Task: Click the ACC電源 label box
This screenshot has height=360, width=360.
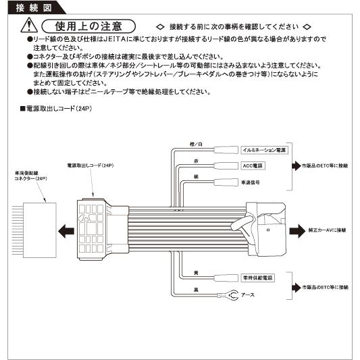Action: (x=253, y=165)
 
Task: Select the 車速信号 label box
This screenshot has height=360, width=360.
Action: (x=251, y=182)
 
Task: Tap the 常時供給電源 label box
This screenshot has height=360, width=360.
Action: (x=257, y=278)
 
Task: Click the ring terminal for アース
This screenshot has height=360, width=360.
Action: (x=232, y=294)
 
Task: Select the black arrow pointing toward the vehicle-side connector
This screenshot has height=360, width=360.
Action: (x=65, y=230)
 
